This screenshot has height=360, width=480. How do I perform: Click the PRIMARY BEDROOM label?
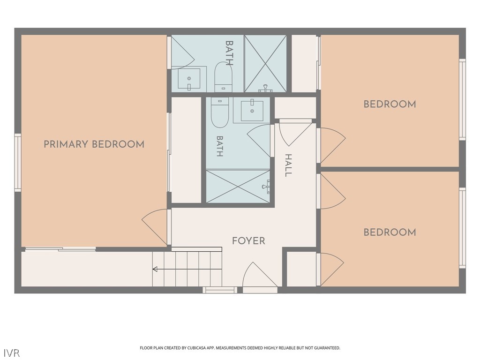click(94, 144)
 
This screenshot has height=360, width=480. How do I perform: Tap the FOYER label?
click(248, 241)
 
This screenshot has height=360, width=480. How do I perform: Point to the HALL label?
click(288, 165)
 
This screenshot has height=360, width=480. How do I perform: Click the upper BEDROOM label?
click(390, 104)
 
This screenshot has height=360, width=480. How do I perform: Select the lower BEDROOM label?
click(390, 232)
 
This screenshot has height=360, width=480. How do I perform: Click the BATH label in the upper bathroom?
click(229, 53)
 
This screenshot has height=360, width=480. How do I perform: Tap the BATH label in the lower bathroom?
click(220, 146)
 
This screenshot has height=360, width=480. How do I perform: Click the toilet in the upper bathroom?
click(224, 76)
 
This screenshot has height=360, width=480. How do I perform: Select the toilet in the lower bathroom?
click(220, 112)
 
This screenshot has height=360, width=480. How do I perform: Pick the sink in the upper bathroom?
click(189, 79)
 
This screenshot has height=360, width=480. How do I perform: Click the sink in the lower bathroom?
click(252, 110)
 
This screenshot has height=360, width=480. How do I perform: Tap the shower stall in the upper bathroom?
click(266, 63)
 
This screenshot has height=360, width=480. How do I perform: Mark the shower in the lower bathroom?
click(238, 186)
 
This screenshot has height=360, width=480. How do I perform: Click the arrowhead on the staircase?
click(155, 269)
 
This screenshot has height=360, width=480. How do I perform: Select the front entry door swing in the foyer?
click(260, 274)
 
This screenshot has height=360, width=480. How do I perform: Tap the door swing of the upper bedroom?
click(333, 145)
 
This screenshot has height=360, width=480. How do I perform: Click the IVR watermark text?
click(12, 352)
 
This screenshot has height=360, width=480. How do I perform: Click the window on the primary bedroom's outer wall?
click(18, 163)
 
